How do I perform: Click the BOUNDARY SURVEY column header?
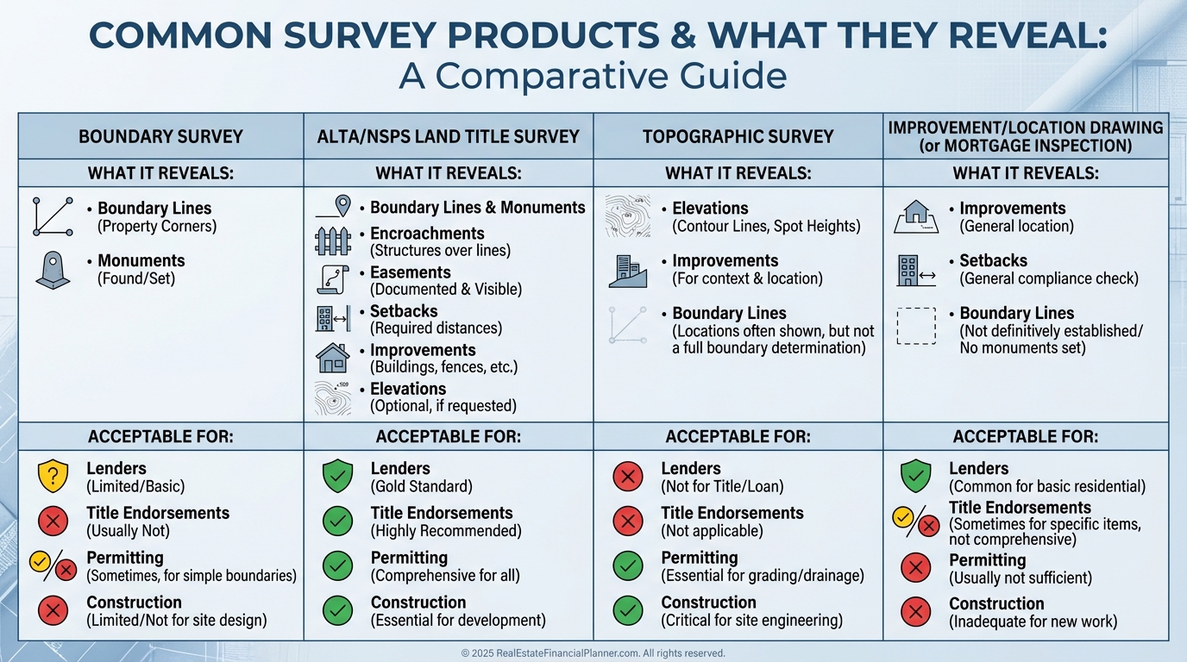coord(160,136)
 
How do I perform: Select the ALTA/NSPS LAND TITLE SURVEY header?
coord(447,136)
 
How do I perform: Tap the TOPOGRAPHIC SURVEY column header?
coord(738,136)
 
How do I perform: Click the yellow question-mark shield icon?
coord(53,476)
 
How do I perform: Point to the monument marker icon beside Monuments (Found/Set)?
coord(53,269)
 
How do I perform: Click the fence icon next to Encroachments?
coord(333,241)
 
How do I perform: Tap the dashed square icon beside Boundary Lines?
coord(916,327)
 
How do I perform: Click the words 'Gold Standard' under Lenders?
coord(422,486)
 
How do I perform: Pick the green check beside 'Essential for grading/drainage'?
coord(628,565)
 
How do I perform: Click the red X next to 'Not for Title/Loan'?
coord(628,476)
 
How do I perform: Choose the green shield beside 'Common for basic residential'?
coord(915,476)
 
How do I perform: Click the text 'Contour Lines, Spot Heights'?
coord(766,227)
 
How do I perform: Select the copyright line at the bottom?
coord(593,653)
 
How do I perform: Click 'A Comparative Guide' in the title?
coord(593,76)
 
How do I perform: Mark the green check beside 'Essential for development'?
coord(337,610)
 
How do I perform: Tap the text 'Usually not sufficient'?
coord(1021,578)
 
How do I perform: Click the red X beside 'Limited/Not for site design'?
coord(53,610)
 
